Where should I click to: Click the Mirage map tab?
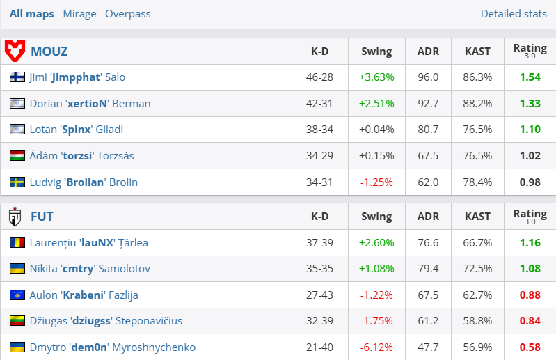coord(79,14)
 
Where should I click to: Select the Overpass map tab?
coord(127,14)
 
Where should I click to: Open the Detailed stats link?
coord(514,14)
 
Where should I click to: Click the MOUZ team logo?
coord(15,51)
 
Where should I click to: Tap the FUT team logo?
coord(15,217)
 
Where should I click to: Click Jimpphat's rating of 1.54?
coord(530,77)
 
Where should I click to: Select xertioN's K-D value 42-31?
coord(320,103)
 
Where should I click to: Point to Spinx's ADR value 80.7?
coord(428,130)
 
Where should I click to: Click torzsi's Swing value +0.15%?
coord(376,155)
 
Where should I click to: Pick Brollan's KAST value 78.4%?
coord(477,182)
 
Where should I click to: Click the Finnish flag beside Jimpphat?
coord(17,77)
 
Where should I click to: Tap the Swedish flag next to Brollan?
coord(17,182)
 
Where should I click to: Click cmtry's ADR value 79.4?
coord(428,269)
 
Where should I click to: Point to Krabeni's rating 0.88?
coord(530,295)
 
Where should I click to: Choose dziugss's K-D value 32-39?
coord(320,321)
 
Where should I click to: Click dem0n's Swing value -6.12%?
coord(376,347)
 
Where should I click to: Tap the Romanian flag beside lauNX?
coord(17,243)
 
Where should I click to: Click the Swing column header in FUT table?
coord(376,217)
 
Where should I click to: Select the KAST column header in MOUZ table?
coord(477,51)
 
